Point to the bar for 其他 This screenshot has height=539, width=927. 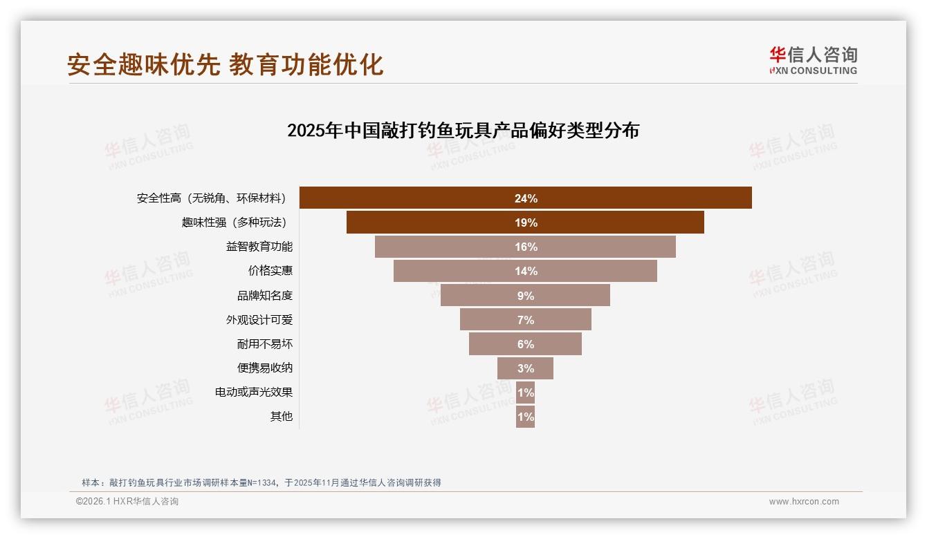tap(525, 417)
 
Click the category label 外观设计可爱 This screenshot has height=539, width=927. tap(259, 320)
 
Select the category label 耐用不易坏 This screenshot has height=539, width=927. tap(265, 344)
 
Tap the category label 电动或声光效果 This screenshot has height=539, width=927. tap(254, 393)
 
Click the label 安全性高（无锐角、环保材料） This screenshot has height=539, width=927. tap(212, 198)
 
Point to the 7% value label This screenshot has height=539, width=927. tap(525, 320)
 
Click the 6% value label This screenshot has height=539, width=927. tap(525, 344)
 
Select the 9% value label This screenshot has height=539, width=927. tap(525, 296)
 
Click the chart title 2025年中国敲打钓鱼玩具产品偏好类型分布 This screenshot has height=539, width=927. tap(463, 131)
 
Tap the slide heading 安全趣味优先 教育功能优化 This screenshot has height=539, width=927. tap(226, 64)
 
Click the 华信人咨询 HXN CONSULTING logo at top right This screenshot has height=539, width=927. tap(813, 60)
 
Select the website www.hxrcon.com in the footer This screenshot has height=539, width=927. tap(804, 502)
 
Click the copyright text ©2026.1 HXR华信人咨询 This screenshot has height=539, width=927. tap(127, 502)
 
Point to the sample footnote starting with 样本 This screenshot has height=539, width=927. tap(261, 483)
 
